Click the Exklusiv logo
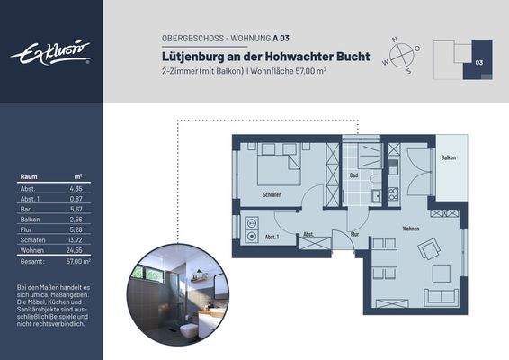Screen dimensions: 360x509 coord(50,53)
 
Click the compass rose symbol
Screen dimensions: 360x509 coord(401,54)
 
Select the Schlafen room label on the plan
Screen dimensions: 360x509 coord(272,194)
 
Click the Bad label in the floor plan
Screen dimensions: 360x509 coord(354,175)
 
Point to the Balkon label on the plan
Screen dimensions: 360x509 coord(448,157)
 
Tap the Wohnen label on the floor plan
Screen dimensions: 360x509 coord(411,229)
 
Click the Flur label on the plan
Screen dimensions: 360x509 coord(354,235)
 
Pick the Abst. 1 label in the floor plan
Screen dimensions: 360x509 coord(272,237)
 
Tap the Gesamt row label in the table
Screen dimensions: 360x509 coord(31,261)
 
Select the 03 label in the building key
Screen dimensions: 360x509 coord(479,63)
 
